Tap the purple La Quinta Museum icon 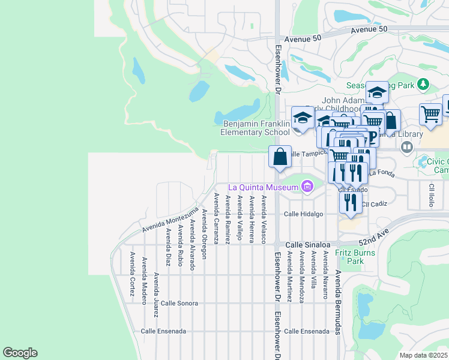tap(308, 187)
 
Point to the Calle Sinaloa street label tap(307, 245)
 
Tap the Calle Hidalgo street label tap(303, 214)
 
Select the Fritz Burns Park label tap(355, 257)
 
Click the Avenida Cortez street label tap(131, 269)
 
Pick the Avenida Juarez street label tap(156, 295)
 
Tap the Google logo tap(20, 353)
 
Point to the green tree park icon tap(423, 84)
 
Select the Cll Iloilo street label tap(431, 194)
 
